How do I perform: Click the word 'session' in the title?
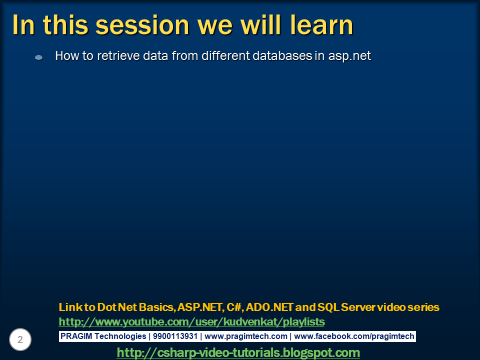tap(142, 25)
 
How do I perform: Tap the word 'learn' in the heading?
tap(321, 25)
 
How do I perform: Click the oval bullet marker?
tap(38, 57)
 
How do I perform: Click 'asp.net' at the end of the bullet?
tap(349, 56)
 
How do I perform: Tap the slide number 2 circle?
tap(20, 339)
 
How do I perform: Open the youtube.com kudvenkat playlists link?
tap(191, 321)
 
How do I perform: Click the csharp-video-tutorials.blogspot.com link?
tap(238, 352)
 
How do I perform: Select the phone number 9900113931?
tap(175, 336)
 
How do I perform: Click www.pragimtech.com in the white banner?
tap(246, 336)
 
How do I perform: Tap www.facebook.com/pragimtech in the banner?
tap(354, 336)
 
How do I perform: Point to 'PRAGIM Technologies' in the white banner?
tap(103, 336)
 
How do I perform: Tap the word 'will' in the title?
tap(261, 25)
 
